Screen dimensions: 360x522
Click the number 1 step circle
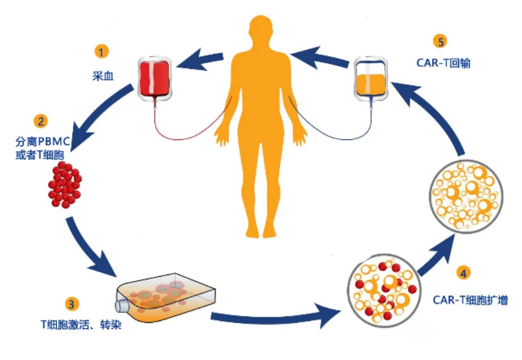[101, 53]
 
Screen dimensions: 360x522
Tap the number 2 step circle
[39, 121]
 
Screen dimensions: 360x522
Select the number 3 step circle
[72, 303]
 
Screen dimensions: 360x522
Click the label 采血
[103, 76]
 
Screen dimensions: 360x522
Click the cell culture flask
[166, 297]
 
